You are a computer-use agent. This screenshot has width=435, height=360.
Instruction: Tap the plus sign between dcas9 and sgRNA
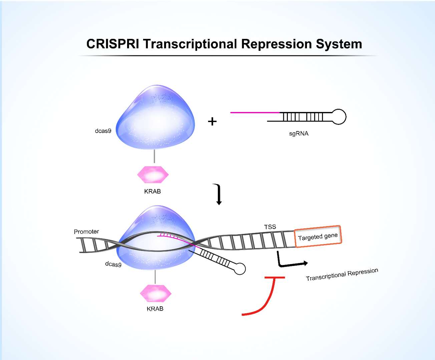coord(212,121)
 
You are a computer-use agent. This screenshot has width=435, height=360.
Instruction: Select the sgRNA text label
coord(299,134)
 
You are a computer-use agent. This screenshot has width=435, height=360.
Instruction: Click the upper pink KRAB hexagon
coord(153,174)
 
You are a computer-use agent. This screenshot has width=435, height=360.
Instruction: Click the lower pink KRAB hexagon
coord(155,293)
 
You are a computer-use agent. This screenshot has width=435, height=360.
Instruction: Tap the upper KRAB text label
coord(152,191)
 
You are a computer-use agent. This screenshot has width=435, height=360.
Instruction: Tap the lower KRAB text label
coord(155,309)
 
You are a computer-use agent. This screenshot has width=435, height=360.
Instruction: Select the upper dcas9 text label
coord(103,131)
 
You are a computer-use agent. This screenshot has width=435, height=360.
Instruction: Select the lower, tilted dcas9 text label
coord(113,264)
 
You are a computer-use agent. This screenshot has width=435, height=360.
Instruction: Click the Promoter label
coord(86,232)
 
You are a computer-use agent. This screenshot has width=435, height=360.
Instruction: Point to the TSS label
coord(270,227)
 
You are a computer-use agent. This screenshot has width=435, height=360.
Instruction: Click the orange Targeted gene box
coord(318,236)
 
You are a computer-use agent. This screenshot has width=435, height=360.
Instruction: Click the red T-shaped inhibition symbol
coord(267,293)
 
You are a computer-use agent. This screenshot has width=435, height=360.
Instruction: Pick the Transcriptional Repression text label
coord(342,274)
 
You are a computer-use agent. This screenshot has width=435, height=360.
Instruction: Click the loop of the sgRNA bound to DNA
coord(240,269)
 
